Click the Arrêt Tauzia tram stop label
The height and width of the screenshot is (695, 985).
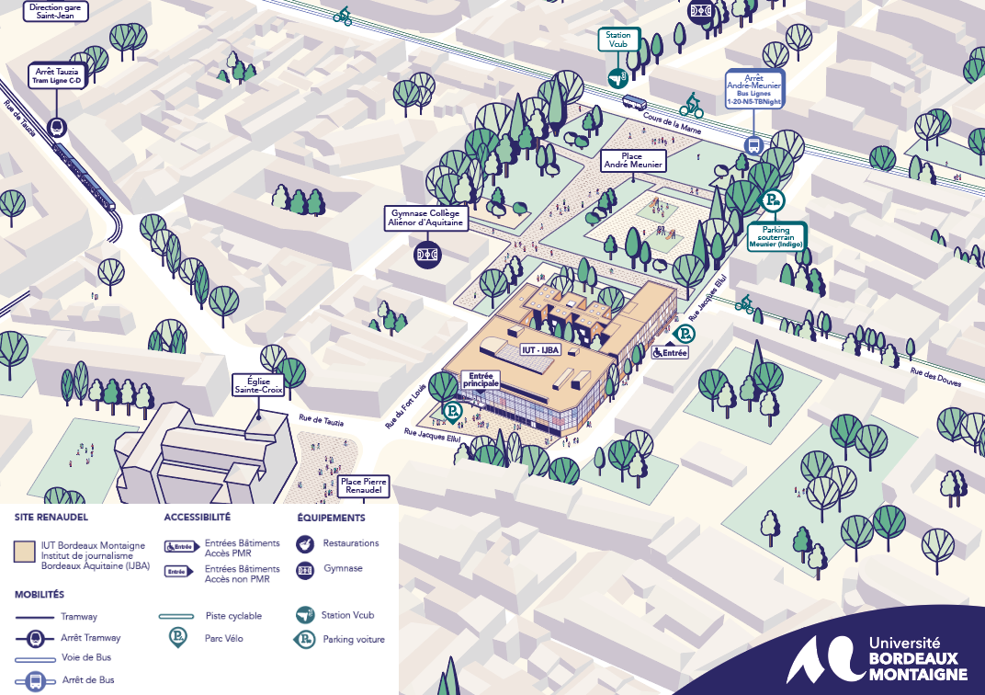pyautogui.click(x=58, y=74)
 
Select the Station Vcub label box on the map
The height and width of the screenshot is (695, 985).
pyautogui.click(x=618, y=40)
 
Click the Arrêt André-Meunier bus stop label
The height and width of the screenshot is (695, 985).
pyautogui.click(x=753, y=89)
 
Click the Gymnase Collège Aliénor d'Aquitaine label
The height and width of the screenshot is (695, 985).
pyautogui.click(x=427, y=218)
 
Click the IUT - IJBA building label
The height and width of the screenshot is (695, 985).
pyautogui.click(x=541, y=349)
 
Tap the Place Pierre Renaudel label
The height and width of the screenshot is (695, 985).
pyautogui.click(x=364, y=485)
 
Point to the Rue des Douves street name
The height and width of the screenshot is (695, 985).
pyautogui.click(x=935, y=376)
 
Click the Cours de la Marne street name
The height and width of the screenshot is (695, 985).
pyautogui.click(x=674, y=126)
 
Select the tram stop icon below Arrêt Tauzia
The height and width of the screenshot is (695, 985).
pyautogui.click(x=58, y=129)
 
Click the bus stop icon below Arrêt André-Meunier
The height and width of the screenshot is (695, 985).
pyautogui.click(x=753, y=144)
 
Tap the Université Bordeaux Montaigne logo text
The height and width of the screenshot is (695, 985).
pyautogui.click(x=916, y=658)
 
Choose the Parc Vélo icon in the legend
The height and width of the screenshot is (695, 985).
pyautogui.click(x=175, y=637)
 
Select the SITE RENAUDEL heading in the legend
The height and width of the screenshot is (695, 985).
pyautogui.click(x=51, y=518)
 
